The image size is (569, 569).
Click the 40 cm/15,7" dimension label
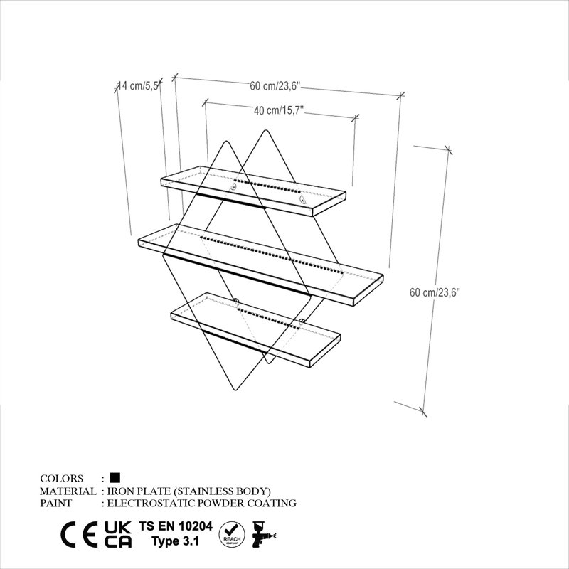click(279, 110)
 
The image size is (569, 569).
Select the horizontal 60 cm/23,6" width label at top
click(275, 86)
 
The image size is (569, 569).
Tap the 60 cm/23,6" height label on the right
click(435, 292)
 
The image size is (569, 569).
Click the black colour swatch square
click(115, 477)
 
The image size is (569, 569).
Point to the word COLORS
click(61, 478)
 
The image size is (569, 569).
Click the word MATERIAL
click(68, 491)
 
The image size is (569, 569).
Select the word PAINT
click(56, 504)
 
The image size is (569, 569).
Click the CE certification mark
click(79, 535)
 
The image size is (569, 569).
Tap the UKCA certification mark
click(118, 535)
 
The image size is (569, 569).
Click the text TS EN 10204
click(176, 526)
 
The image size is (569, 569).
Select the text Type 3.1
click(176, 541)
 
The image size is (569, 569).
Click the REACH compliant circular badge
click(232, 535)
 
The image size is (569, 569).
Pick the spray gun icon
click(263, 534)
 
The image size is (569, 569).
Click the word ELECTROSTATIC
click(151, 504)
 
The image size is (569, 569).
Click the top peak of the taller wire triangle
click(265, 130)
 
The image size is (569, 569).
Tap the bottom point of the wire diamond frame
click(236, 390)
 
